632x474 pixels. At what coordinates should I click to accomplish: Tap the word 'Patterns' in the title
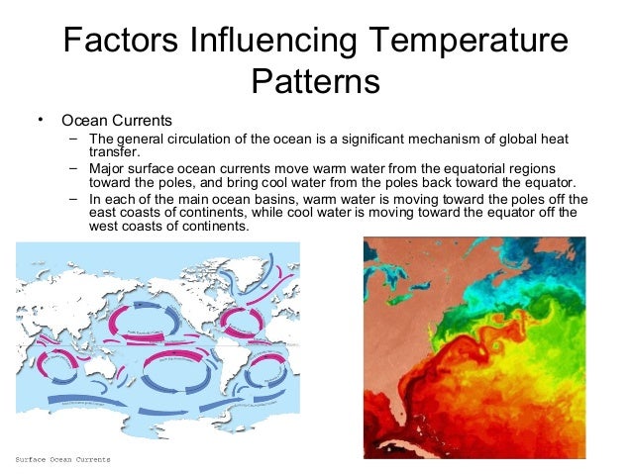315,80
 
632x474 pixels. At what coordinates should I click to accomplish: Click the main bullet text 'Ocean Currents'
117,121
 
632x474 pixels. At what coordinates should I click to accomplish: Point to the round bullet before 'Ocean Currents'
41,120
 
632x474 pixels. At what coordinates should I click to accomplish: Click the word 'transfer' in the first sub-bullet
114,152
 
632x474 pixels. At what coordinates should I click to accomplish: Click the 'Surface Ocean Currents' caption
63,460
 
